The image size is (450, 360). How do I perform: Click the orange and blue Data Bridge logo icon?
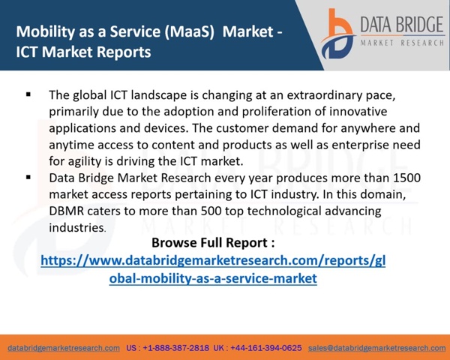(337, 34)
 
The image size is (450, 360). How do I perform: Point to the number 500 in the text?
(211, 211)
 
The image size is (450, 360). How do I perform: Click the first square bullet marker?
(28, 94)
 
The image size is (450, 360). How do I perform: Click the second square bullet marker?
(28, 177)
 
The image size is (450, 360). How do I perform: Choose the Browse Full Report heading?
(213, 243)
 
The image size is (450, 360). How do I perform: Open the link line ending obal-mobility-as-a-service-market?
(213, 278)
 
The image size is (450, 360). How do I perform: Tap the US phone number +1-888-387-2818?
(176, 348)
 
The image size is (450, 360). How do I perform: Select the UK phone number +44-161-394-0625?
(266, 348)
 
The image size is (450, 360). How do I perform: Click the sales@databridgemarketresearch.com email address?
(376, 348)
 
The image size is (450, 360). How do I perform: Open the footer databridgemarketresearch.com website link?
(64, 348)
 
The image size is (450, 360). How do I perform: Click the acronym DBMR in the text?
(67, 211)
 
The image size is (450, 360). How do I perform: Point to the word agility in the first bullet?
(85, 161)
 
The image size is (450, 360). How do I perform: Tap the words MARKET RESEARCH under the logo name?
(402, 43)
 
